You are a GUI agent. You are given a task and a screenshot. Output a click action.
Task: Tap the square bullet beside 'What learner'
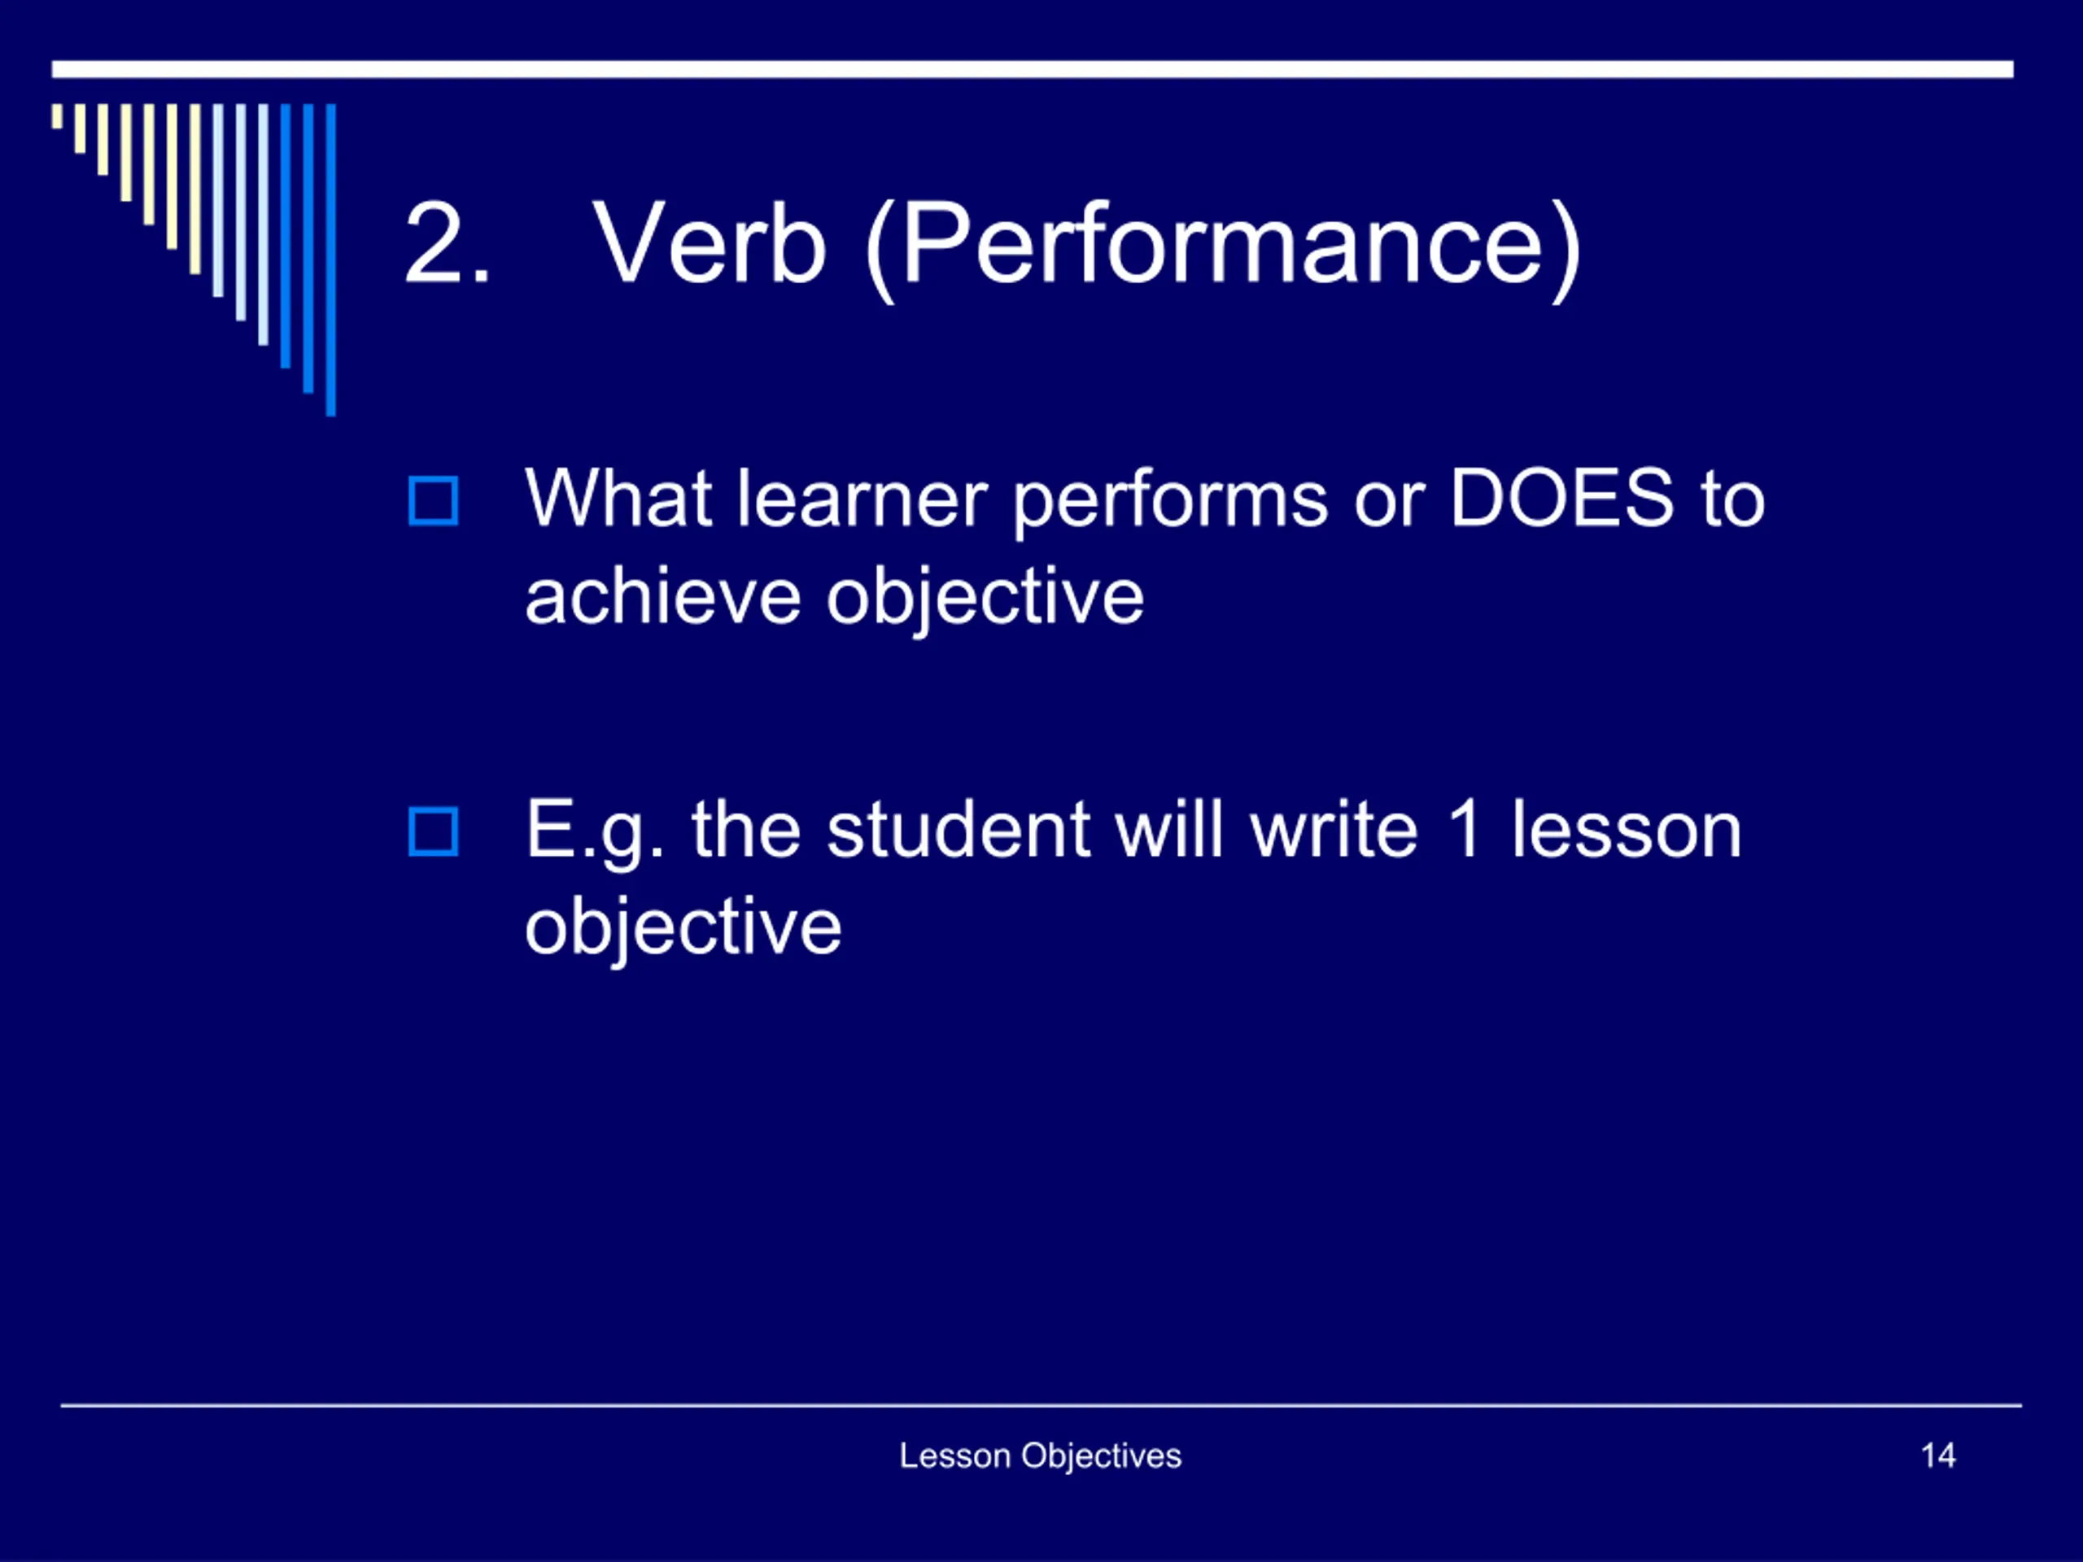(x=433, y=500)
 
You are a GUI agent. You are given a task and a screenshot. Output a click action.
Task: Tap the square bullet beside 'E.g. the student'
(x=433, y=831)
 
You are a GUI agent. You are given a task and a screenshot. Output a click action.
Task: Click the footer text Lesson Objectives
(x=1041, y=1455)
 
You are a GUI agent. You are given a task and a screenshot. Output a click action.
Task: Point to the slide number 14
(x=1938, y=1455)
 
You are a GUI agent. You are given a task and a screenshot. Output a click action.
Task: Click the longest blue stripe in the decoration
(x=330, y=260)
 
